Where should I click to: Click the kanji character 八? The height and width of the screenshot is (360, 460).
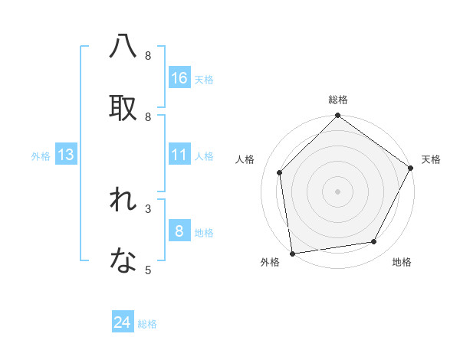[x=123, y=46]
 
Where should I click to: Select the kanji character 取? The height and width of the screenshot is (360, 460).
[x=123, y=107]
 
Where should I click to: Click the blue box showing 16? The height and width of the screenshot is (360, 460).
[x=179, y=78]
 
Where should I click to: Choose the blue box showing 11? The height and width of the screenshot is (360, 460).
[x=179, y=155]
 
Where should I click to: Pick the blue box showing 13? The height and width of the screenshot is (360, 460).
[x=66, y=155]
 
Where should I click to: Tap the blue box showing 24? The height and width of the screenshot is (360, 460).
[x=123, y=322]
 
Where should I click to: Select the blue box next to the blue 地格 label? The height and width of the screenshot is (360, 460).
[x=179, y=231]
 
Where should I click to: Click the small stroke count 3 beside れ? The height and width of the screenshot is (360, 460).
[x=148, y=208]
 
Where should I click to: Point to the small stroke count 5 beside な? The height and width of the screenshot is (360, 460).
[x=148, y=270]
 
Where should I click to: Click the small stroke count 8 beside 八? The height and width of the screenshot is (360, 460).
[x=148, y=56]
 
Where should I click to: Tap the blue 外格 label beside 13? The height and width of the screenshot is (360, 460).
[x=41, y=156]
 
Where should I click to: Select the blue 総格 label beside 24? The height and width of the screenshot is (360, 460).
[x=147, y=324]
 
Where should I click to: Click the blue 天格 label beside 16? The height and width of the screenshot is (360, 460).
[x=203, y=80]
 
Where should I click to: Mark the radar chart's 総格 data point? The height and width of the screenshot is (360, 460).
[x=337, y=116]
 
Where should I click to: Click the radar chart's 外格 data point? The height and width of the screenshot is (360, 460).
[x=292, y=253]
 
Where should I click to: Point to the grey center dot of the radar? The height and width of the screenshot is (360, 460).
[x=337, y=191]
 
